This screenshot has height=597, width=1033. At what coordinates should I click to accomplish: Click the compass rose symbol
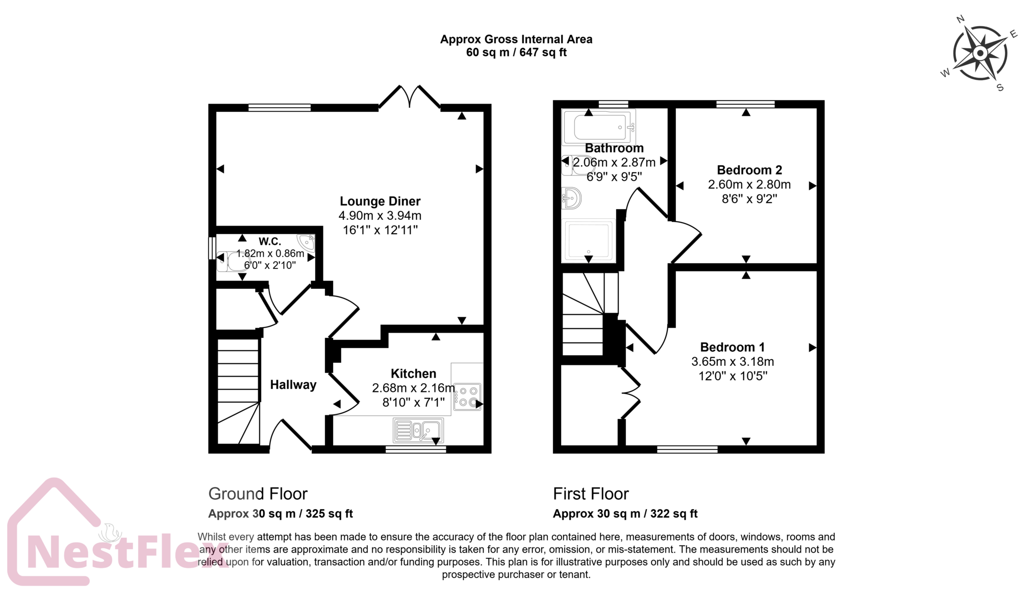[979, 54]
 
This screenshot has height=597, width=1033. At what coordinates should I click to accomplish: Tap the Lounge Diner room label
[380, 201]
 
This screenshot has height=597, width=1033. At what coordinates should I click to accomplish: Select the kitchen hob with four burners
[467, 397]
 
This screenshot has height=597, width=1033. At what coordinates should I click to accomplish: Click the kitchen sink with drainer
[418, 430]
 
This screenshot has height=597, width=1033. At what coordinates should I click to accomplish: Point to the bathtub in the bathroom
[600, 127]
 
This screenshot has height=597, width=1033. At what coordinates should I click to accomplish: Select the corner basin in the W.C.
[307, 241]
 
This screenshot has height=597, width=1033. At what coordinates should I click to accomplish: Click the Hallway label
[293, 385]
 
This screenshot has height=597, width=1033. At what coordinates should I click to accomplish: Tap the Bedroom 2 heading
[749, 170]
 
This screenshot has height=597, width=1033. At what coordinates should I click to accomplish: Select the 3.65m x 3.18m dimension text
[732, 362]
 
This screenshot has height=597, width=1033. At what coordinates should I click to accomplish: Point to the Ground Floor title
[258, 493]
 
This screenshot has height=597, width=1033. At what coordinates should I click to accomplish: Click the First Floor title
[590, 493]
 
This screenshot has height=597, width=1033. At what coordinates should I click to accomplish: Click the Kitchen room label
[413, 374]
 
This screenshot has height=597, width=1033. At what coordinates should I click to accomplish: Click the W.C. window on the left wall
[212, 248]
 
